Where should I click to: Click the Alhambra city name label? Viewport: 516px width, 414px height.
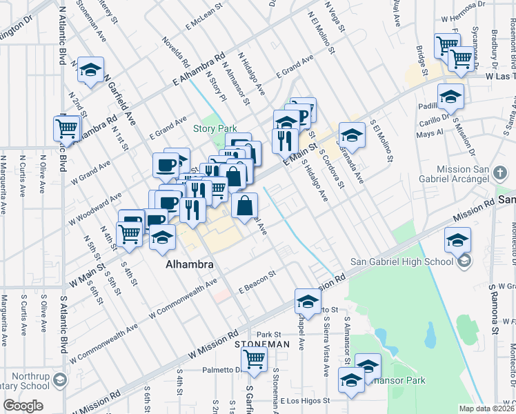pos(188,264)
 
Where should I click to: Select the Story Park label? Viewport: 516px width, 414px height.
pos(215,128)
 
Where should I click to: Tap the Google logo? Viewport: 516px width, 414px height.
pos(23,406)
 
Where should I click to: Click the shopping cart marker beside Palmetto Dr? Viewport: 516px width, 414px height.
pos(254,359)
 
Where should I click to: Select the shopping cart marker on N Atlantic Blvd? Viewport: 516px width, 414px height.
pos(67,128)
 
